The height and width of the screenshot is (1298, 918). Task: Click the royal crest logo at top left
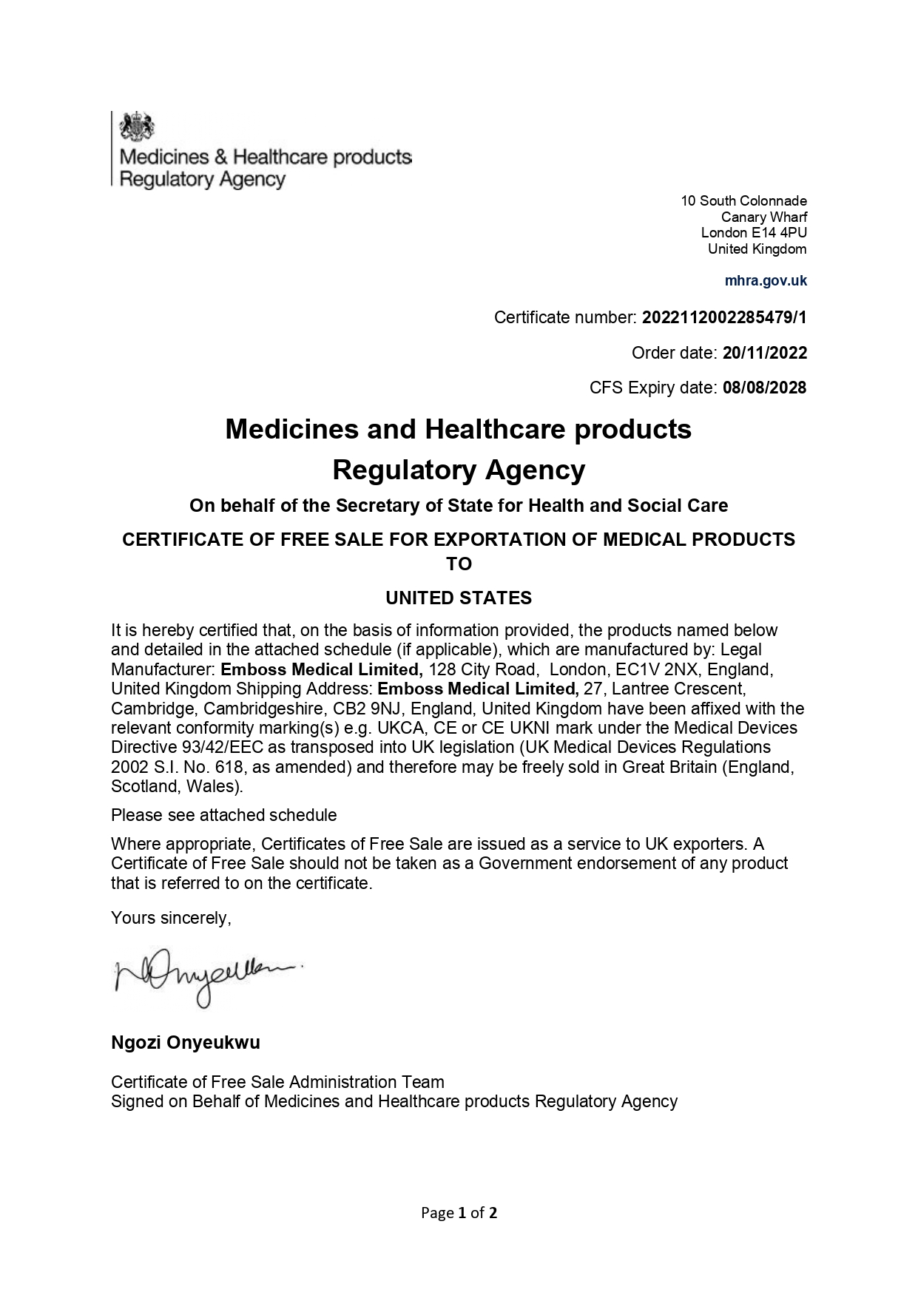137,126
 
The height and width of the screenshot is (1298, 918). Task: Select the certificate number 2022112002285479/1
724,318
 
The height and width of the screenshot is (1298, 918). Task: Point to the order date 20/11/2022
765,353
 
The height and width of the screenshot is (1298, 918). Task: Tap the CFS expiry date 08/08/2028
765,388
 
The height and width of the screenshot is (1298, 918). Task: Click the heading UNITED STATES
459,598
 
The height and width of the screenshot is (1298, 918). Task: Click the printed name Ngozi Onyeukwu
186,1043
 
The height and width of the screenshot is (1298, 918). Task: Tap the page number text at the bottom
459,1212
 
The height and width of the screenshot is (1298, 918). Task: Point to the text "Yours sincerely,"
171,918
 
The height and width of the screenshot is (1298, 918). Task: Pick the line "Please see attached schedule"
223,815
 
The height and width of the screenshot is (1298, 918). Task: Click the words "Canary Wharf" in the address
763,217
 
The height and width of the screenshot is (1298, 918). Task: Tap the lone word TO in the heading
459,564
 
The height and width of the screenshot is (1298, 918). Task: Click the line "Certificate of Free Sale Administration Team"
277,1082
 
